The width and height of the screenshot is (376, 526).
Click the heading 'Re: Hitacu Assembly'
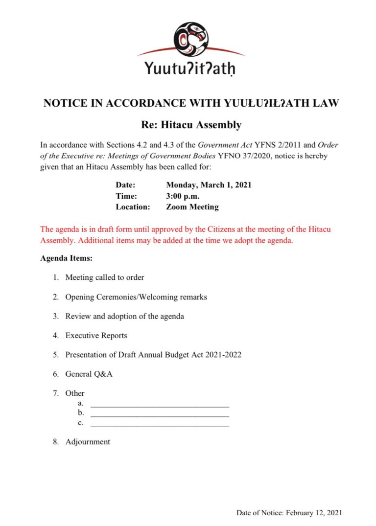point(191,125)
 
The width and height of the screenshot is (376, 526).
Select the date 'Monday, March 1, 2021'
point(209,185)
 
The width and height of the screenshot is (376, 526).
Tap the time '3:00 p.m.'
point(183,196)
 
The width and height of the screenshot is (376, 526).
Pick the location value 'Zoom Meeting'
point(192,207)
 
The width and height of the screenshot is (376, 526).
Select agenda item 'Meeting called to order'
point(105,277)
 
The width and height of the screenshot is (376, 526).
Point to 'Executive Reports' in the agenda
point(96,336)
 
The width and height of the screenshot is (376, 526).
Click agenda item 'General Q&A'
point(89,374)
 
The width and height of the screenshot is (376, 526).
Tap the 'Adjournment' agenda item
point(88,442)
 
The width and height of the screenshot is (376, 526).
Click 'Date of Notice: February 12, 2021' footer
point(289,513)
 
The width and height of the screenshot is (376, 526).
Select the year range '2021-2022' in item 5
point(224,355)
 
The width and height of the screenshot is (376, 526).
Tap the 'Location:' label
point(133,207)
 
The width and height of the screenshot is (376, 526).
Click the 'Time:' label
point(126,196)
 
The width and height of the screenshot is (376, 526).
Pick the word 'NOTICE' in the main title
point(64,104)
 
